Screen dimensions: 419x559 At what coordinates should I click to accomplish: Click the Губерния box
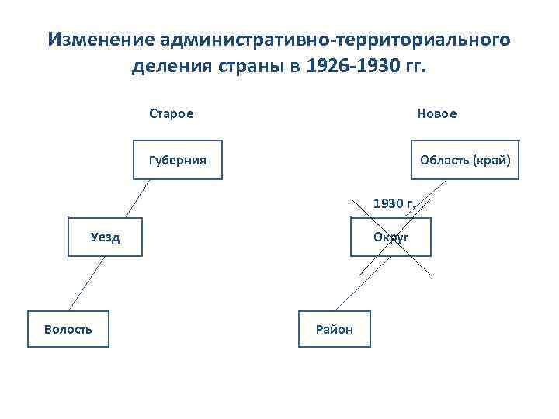[x=178, y=160]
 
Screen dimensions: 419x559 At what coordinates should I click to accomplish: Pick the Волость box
[x=68, y=329]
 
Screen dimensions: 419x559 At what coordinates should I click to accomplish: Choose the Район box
[x=334, y=329]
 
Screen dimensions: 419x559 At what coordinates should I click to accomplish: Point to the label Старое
[x=172, y=113]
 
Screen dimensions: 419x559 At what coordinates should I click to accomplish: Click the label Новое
[x=437, y=113]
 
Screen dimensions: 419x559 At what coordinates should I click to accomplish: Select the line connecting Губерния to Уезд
[x=137, y=198]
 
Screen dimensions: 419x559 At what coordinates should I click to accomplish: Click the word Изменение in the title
[x=101, y=40]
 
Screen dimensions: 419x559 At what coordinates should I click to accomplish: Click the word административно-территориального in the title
[x=336, y=40]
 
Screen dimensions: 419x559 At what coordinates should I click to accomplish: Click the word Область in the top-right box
[x=445, y=160]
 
